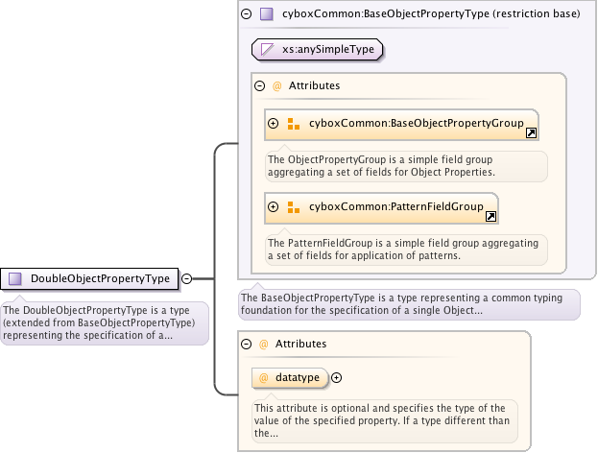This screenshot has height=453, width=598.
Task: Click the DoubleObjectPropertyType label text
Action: coord(100,279)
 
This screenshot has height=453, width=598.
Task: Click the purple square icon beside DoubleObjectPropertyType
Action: coord(15,279)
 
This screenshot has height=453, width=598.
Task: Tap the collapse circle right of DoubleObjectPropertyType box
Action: coord(187,279)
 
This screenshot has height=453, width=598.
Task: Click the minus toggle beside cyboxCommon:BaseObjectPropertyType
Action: coord(247,14)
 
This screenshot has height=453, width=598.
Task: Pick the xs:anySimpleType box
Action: coord(313,49)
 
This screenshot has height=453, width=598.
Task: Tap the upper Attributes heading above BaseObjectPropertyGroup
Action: coord(314,85)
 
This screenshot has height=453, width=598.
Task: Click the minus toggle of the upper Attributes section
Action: coord(259,85)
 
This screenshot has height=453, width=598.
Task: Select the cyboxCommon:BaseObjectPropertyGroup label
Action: coord(416,123)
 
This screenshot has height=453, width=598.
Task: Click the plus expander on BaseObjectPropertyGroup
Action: coord(274,124)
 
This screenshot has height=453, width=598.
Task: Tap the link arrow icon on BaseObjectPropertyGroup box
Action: coord(531,133)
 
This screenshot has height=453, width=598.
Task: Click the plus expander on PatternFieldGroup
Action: coord(274,206)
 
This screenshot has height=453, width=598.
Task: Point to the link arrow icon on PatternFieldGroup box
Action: coord(490,217)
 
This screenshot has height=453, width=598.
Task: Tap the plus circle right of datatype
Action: coord(336,378)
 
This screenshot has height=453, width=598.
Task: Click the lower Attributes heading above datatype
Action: coord(300,343)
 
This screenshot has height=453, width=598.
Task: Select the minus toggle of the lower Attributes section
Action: coord(246,343)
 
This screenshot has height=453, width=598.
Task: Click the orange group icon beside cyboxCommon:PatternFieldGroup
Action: coord(294,206)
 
